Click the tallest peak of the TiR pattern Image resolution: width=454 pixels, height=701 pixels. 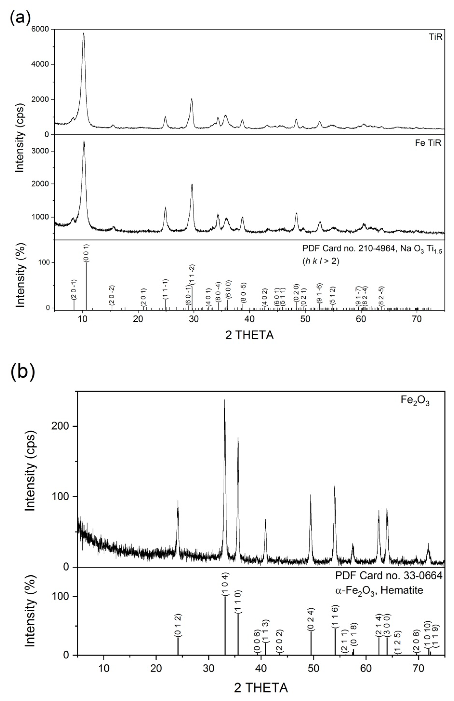tap(84, 33)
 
